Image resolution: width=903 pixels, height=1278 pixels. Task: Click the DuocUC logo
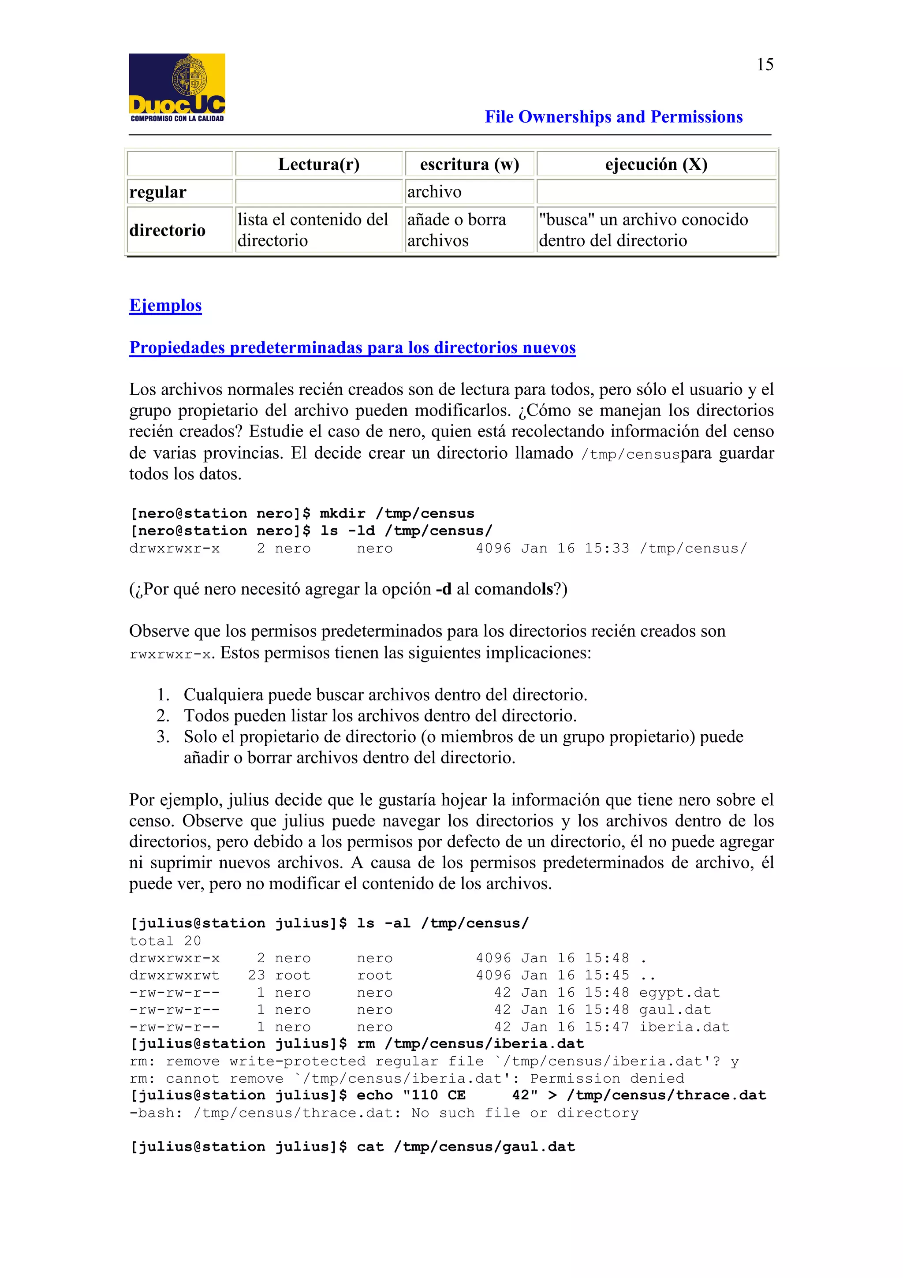(177, 87)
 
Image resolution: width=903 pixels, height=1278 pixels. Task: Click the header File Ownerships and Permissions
(613, 117)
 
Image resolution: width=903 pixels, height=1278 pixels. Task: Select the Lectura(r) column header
(318, 164)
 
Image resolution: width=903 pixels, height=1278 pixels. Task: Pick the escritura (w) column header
(469, 164)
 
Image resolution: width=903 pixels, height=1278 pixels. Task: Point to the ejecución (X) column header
(656, 164)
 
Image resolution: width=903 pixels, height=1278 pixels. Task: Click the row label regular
(158, 192)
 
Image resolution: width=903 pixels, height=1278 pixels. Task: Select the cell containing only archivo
(435, 192)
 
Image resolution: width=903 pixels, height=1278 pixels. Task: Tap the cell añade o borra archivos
(456, 230)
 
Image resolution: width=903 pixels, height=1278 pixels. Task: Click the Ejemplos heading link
(165, 305)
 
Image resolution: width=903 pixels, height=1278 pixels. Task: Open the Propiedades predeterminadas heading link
(352, 348)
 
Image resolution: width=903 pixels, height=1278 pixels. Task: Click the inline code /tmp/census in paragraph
(631, 454)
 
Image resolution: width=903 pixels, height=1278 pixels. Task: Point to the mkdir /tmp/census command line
(302, 513)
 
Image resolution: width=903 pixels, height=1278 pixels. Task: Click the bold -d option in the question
(444, 589)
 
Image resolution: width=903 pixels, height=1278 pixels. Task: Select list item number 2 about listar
(380, 715)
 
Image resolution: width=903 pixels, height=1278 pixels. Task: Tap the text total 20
(165, 941)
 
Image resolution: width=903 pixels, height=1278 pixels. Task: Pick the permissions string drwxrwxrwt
(174, 975)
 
